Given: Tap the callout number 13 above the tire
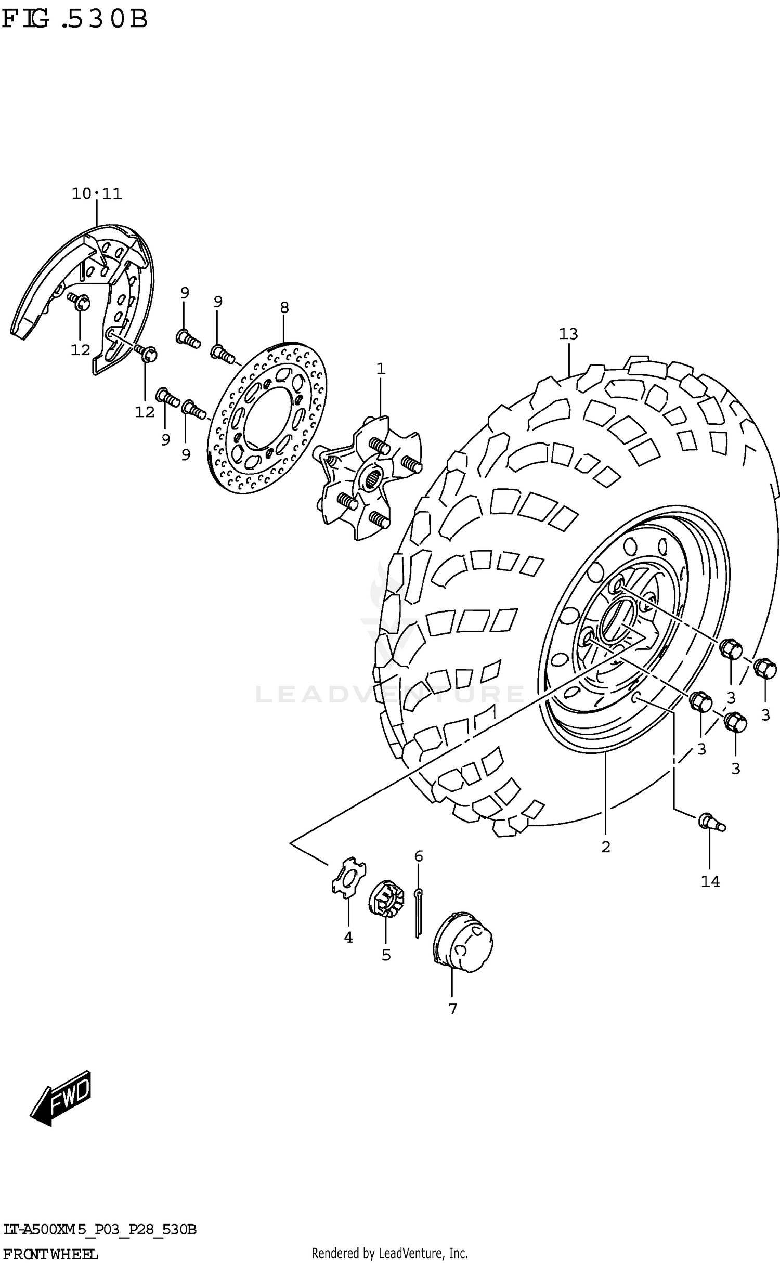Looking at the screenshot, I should [568, 334].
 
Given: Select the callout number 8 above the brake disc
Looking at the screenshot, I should [284, 307].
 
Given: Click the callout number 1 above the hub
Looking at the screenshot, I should [381, 369].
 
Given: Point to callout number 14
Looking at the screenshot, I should [710, 881].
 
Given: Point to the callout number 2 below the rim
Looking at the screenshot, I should [605, 847].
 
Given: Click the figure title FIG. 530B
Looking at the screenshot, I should [75, 20].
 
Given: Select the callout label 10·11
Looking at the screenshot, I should [97, 194].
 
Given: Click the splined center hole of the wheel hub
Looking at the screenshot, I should [374, 477].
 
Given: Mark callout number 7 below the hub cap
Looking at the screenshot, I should [452, 1009].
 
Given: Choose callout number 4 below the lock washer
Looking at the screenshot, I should [348, 938].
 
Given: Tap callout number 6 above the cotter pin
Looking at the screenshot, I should [419, 856].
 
